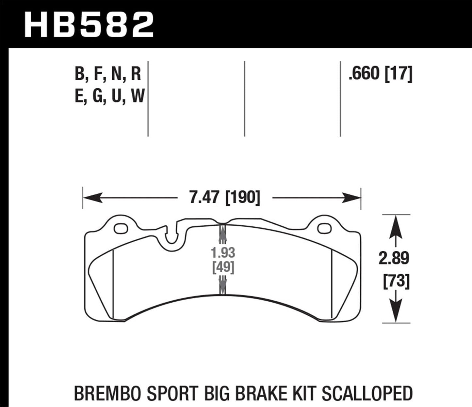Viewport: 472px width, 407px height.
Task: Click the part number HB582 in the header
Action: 89,24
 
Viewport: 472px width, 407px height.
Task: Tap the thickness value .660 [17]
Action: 381,74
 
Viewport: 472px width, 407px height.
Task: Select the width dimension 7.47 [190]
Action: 225,198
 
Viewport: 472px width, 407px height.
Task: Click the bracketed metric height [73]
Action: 396,281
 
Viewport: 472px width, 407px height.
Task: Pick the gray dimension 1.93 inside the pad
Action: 223,253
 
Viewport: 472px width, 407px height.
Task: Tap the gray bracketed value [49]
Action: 223,268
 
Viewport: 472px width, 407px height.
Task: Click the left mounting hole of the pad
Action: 121,229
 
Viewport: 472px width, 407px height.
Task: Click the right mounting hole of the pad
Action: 324,229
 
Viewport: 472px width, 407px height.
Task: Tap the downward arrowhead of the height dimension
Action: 396,313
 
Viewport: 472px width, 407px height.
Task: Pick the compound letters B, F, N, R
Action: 108,74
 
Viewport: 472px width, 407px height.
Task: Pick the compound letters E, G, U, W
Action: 109,96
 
